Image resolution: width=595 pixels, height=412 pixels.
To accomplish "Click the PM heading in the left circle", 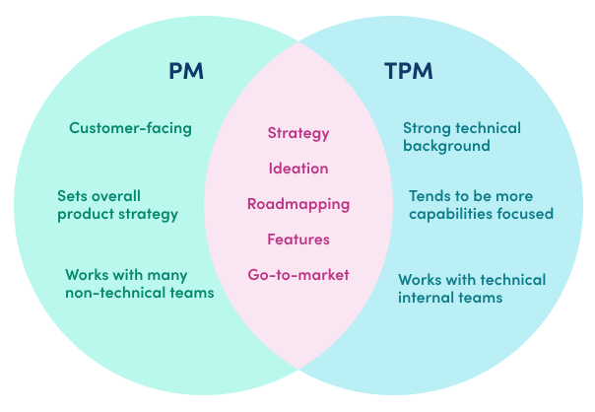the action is pos(186,71).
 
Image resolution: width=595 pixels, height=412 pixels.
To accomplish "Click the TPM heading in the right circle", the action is pos(408,71).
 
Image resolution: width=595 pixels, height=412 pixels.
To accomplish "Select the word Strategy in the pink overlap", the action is pos(298,133).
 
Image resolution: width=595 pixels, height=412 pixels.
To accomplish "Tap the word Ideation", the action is pos(298,169).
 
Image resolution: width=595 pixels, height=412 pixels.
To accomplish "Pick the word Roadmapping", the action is pos(298,204).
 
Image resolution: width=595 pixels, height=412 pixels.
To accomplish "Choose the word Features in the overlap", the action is pos(298,240).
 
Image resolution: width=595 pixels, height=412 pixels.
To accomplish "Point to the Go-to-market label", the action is pos(298,275).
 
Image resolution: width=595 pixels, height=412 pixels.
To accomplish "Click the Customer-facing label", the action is pos(130,128).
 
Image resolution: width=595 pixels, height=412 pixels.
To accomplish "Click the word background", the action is pos(446,146).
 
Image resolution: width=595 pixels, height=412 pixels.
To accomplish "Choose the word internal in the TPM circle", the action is pos(422,298).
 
